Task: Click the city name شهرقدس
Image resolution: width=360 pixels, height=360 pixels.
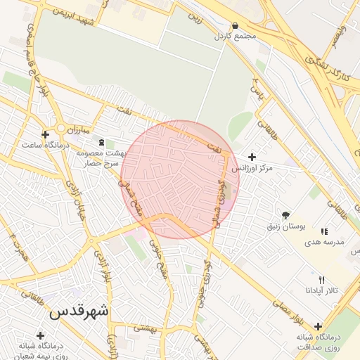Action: (79, 311)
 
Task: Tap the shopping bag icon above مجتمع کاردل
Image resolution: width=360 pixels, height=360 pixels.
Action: (234, 25)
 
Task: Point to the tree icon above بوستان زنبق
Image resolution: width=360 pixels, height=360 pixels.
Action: (285, 215)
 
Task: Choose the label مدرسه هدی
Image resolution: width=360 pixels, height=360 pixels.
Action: (324, 241)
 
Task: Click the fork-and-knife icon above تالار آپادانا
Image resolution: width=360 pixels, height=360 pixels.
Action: (322, 279)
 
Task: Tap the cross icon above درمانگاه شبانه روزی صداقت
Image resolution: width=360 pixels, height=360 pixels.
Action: (319, 326)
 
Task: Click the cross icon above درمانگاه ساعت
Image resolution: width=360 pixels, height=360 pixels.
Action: (45, 134)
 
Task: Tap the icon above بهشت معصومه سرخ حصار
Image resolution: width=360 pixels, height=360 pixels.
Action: (101, 142)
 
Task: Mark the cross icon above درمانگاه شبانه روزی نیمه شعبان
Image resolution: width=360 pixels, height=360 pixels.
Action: (40, 335)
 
